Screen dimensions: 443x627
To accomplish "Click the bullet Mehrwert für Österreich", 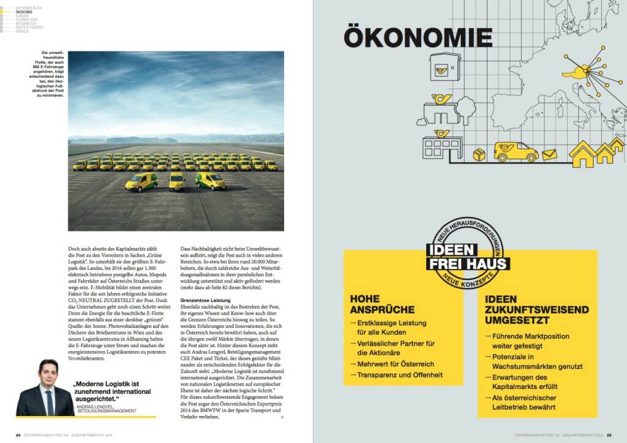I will (399, 364).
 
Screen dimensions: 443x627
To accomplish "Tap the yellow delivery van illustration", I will (515, 151).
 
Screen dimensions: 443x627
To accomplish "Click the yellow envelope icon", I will (550, 154).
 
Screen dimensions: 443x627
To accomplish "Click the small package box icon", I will (479, 156).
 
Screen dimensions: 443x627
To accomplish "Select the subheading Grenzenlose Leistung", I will (205, 300).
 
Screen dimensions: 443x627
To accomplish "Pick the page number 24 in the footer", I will (18, 435).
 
